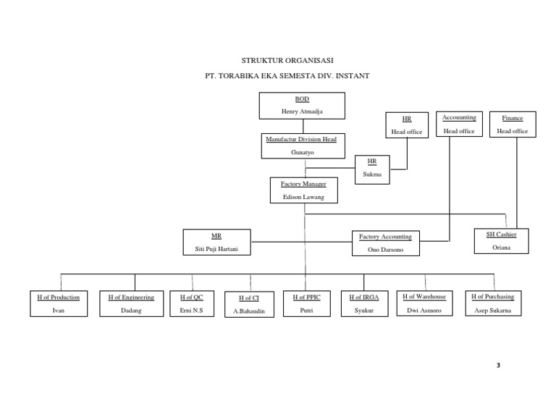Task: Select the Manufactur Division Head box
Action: click(304, 145)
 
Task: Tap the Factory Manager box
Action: click(303, 190)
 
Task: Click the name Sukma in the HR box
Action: click(372, 174)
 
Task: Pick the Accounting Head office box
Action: click(459, 124)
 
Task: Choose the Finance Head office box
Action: click(512, 124)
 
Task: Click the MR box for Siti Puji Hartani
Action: click(216, 242)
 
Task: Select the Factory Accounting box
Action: click(385, 243)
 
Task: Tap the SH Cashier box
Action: click(502, 240)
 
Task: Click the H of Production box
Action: click(59, 303)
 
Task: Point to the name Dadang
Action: click(131, 310)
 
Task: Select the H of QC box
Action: click(191, 303)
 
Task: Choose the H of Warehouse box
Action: click(424, 303)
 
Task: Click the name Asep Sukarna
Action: click(493, 310)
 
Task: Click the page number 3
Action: click(498, 364)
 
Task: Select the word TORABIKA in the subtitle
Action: click(248, 75)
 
